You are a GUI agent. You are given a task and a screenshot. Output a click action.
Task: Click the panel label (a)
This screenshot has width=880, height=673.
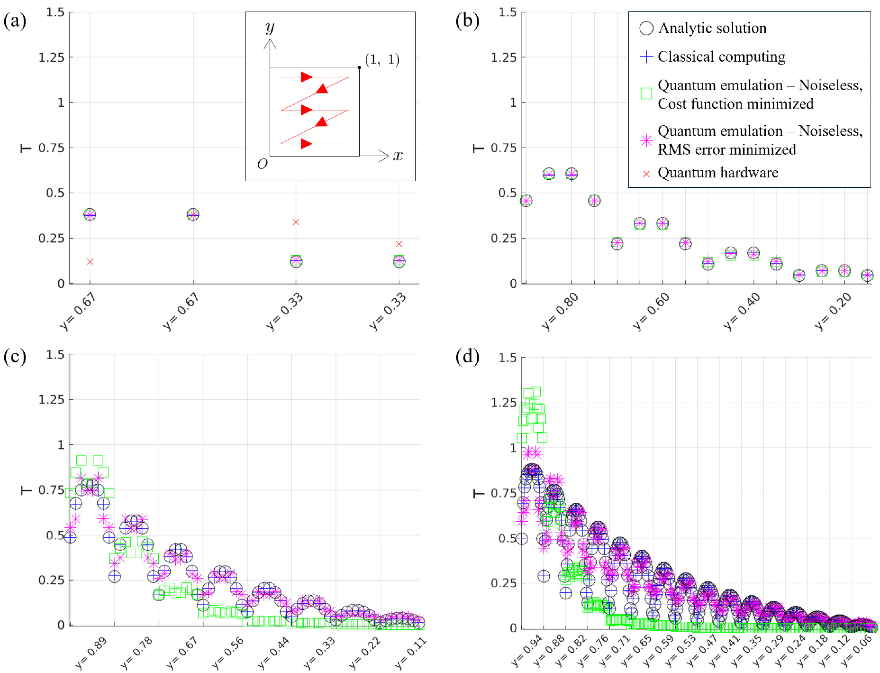click(15, 21)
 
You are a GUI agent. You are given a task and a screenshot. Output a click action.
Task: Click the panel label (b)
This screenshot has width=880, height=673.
click(467, 21)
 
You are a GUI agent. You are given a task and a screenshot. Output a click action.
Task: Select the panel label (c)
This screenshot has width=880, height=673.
click(15, 356)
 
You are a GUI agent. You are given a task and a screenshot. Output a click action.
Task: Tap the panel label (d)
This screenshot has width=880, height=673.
click(467, 356)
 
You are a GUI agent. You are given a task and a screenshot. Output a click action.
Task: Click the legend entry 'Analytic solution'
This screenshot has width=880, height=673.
click(712, 28)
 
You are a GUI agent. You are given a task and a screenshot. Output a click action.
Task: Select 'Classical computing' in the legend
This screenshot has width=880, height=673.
click(721, 57)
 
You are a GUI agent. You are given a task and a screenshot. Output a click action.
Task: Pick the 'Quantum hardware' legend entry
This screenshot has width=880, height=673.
click(717, 173)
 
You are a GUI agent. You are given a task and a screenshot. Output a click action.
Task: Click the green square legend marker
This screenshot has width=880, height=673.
click(646, 93)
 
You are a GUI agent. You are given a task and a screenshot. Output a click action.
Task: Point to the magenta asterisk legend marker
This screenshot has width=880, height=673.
click(646, 140)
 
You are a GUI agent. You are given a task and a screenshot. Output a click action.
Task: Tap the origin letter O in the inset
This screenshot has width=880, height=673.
click(262, 164)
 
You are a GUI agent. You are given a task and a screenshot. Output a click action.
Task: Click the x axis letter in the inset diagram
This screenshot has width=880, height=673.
click(398, 155)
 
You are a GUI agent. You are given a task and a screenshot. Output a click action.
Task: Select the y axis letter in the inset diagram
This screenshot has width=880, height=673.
click(270, 27)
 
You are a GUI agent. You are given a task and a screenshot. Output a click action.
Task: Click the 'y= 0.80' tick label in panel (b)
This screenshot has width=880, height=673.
click(560, 312)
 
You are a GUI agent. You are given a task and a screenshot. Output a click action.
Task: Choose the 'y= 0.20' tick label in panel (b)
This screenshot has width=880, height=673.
click(833, 312)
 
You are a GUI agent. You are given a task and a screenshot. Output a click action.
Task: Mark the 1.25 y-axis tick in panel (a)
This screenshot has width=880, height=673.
click(51, 57)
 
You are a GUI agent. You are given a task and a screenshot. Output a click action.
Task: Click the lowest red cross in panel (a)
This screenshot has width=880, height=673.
click(90, 262)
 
